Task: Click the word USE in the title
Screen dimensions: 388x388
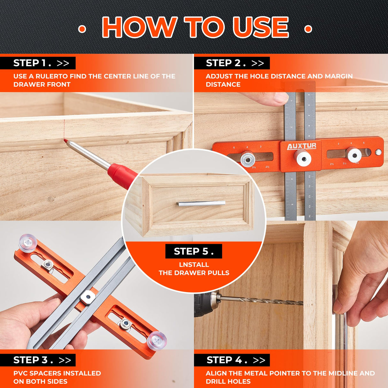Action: coord(260,27)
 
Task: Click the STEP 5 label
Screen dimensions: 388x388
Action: coord(193,251)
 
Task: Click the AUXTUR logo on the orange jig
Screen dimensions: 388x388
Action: coord(301,146)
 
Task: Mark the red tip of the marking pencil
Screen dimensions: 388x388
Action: coord(66,141)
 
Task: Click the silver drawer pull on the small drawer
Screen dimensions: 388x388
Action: coord(201,204)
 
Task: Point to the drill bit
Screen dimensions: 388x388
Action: coord(262,301)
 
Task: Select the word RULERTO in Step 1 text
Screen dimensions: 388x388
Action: coord(51,76)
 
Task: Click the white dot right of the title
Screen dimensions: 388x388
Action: coord(308,29)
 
